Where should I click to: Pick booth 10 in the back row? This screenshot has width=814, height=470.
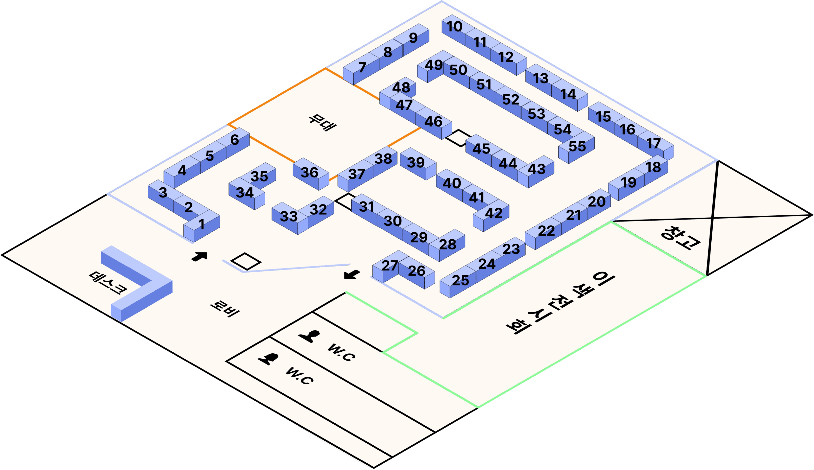[454, 27]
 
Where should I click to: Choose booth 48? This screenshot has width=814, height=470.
[401, 87]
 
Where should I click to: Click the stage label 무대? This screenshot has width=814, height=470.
[322, 122]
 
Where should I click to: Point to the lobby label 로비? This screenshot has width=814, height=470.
[224, 309]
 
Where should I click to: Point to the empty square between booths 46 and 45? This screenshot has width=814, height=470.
[458, 138]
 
